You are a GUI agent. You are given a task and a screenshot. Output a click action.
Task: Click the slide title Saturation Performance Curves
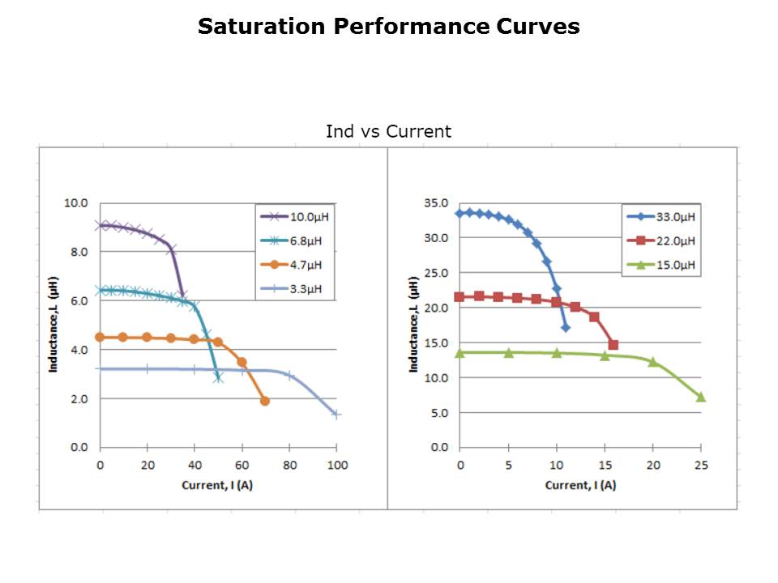coord(388,27)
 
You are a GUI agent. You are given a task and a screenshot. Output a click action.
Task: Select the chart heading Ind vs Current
coord(388,131)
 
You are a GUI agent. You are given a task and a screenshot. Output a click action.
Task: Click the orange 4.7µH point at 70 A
coord(265,401)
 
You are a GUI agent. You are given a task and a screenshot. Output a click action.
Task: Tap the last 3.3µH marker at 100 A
coord(336,415)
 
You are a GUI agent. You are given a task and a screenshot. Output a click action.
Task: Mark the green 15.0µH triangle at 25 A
coord(700,397)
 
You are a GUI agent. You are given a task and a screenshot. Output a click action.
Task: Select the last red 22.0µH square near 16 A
coord(613,345)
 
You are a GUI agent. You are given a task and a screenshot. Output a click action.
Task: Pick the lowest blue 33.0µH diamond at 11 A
coord(566,327)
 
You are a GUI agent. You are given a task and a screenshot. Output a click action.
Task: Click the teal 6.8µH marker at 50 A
coord(218,377)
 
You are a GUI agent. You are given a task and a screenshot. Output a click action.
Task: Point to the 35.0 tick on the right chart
coord(437,203)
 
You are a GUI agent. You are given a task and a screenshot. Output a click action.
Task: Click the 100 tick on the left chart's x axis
coord(337,465)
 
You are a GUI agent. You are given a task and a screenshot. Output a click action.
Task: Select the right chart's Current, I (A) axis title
coord(579,485)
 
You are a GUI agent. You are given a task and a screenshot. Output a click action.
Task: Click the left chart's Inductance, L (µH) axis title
coord(53,324)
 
